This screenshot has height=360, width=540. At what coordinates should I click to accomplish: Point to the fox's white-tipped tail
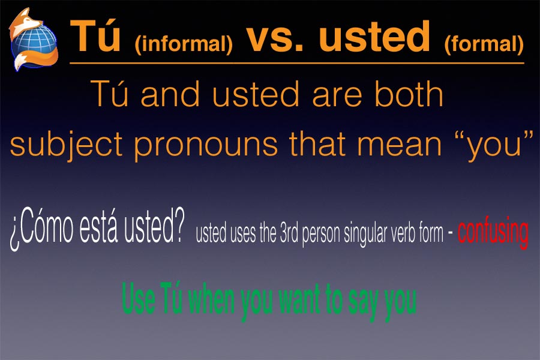(22, 62)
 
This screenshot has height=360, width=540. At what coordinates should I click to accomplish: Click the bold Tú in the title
(95, 36)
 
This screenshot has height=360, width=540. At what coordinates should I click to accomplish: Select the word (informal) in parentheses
(184, 44)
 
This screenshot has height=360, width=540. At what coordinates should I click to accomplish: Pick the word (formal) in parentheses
(484, 44)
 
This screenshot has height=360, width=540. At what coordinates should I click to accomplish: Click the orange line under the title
(297, 64)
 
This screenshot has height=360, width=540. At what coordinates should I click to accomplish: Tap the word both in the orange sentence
(409, 93)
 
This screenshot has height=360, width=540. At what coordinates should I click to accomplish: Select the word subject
(66, 145)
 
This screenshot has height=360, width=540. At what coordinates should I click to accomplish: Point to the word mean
(400, 145)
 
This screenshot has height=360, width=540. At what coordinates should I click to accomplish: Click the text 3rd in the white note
(290, 233)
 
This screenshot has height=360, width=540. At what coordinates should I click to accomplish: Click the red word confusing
(493, 232)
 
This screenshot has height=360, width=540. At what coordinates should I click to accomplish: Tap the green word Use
(139, 298)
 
